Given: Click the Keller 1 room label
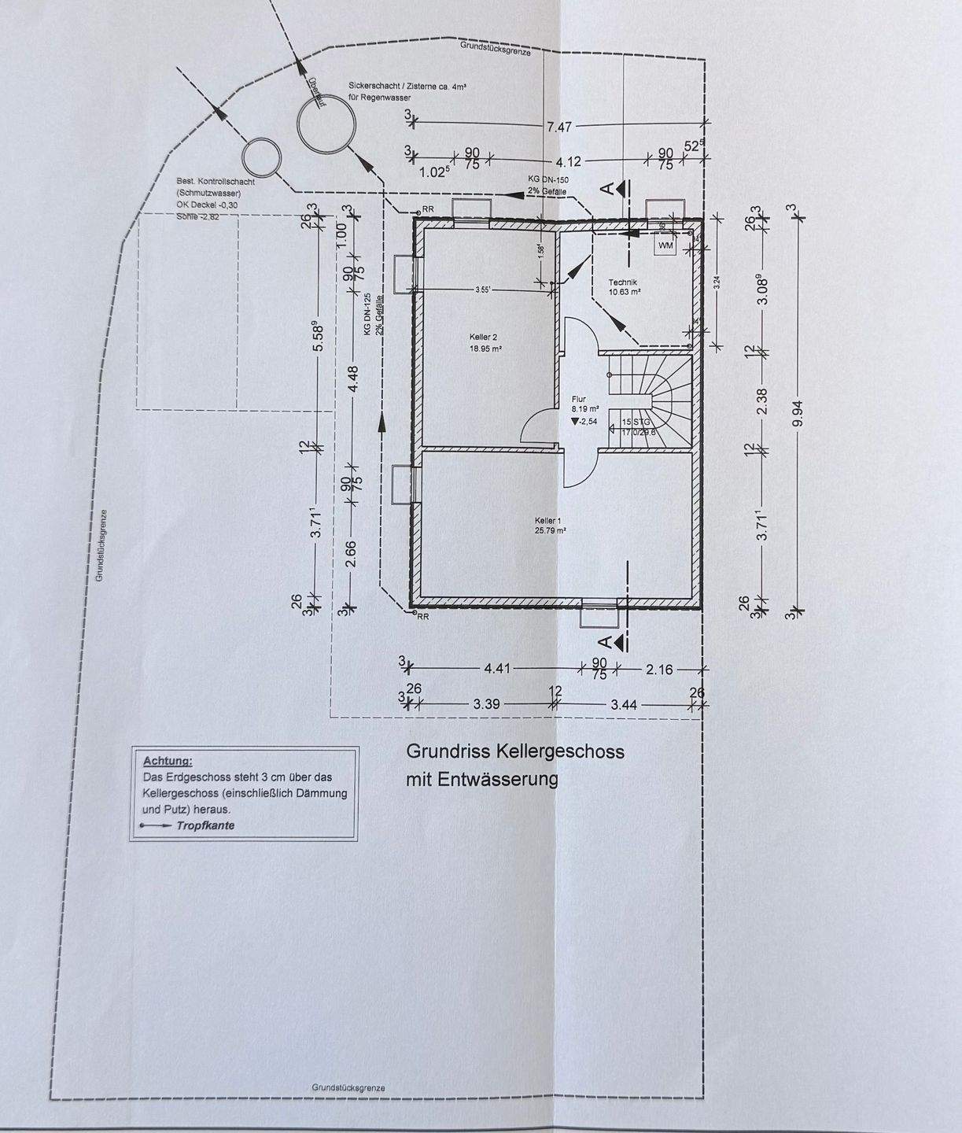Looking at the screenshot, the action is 549,521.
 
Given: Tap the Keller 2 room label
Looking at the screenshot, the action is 484,337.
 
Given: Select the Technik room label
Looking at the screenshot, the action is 622,282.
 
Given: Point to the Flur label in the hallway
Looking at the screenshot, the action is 579,399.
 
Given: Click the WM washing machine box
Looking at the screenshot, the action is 666,245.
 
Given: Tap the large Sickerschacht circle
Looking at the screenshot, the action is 325,124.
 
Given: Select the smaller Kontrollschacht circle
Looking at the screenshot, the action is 260,157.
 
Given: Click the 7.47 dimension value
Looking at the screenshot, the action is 558,126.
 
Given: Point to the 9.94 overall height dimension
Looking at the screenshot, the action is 799,411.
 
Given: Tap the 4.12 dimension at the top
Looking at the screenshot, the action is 567,162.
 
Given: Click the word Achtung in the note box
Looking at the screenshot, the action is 168,761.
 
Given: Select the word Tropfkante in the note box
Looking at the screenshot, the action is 205,825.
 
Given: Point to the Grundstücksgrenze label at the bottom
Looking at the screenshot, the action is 348,1087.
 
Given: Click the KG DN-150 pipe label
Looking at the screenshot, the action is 547,179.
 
